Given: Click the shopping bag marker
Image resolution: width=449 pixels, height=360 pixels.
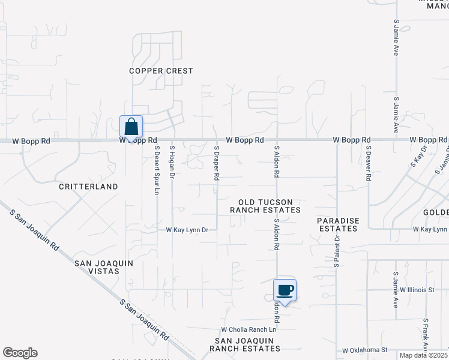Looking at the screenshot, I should point(131,127).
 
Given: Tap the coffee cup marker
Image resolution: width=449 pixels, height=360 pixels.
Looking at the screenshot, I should point(285,291).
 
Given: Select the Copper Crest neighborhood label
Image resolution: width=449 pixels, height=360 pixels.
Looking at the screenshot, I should point(161,71).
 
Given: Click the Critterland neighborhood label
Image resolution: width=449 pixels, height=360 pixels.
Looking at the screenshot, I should point(88,187).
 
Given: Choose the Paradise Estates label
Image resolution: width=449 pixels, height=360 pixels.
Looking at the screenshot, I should point(338,224).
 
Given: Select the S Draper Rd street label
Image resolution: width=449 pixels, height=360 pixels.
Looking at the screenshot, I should point(216,162).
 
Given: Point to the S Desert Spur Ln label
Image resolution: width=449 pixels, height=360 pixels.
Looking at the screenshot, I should point(157,170).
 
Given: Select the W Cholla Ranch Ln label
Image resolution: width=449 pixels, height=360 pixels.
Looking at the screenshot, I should point(248,329).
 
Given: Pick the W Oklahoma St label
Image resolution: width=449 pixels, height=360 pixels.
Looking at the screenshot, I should point(366,350).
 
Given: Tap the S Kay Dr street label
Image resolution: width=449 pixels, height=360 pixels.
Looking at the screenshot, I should point(418,156).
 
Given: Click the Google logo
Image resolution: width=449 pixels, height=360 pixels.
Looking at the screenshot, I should point(20,353).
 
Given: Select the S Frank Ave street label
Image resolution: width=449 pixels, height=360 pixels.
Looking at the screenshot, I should point(425,335).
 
